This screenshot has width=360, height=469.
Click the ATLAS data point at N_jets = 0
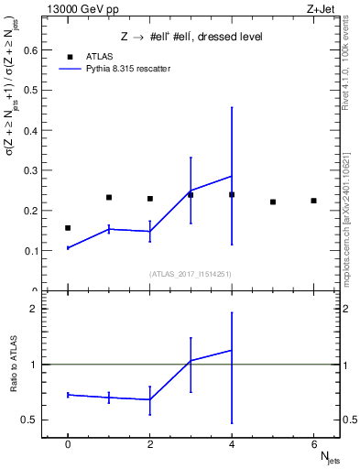click(x=68, y=227)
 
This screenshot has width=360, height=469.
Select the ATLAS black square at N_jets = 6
click(x=313, y=201)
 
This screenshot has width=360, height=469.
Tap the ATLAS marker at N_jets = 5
click(x=273, y=202)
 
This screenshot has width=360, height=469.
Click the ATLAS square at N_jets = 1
click(x=109, y=197)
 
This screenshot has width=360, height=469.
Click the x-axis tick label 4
click(x=232, y=444)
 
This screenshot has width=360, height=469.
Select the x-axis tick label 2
click(x=149, y=444)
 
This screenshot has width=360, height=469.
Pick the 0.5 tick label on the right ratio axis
click(x=350, y=420)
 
